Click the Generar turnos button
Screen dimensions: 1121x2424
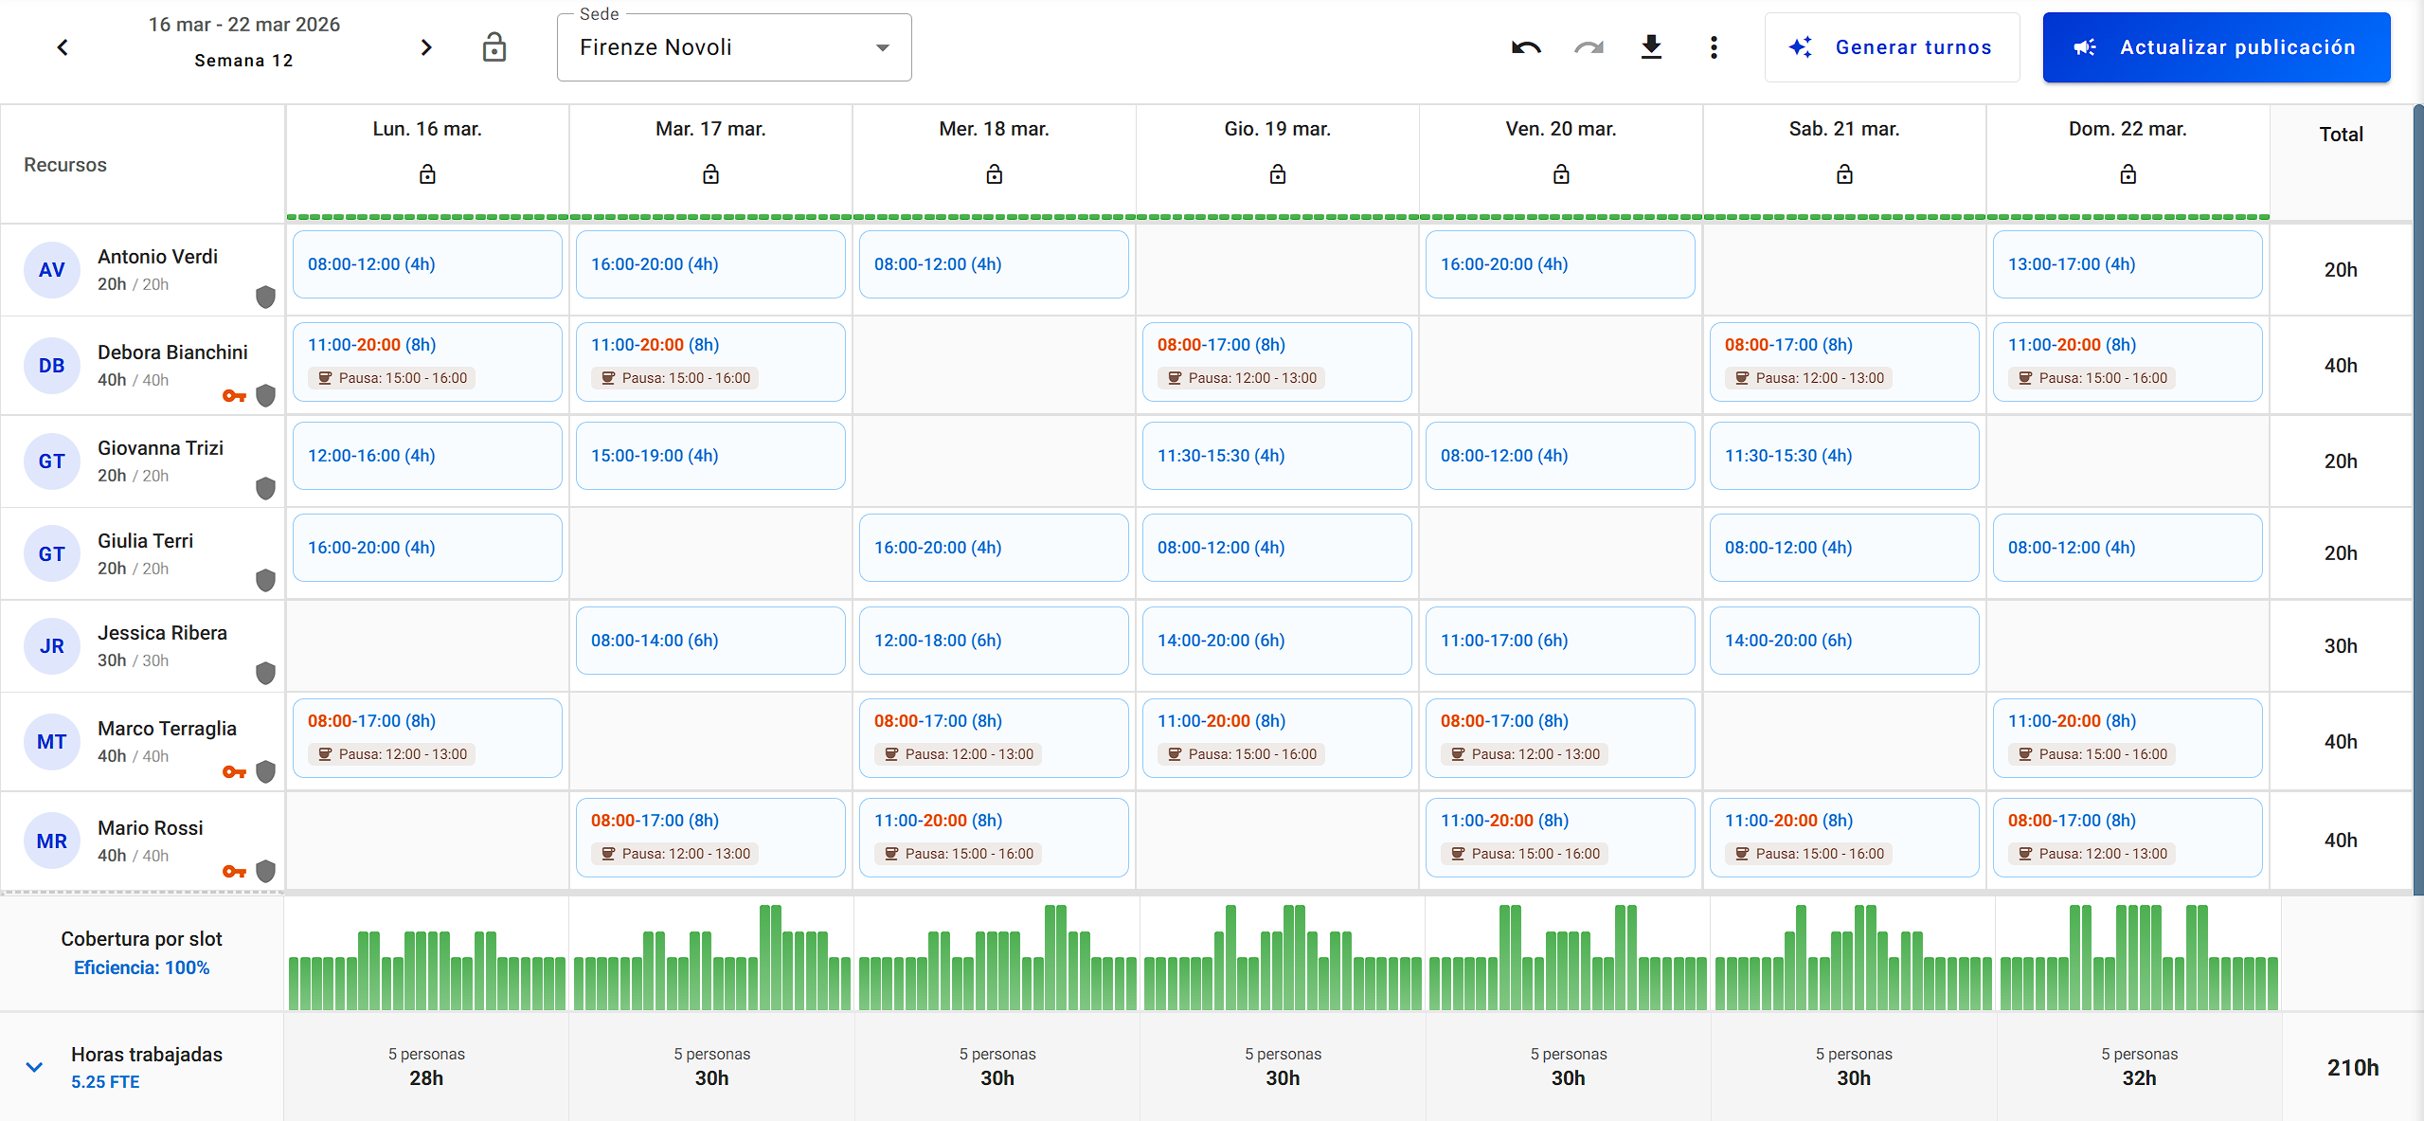coord(1892,47)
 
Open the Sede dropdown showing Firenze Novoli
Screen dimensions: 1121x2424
coord(734,47)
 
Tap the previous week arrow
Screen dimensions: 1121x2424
coord(63,47)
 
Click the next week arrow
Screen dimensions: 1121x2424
coord(426,47)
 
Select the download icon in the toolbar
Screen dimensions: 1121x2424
coord(1651,47)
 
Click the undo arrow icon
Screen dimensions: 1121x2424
coord(1526,47)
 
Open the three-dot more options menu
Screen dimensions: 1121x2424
coord(1714,47)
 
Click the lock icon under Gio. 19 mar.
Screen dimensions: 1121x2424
coord(1278,174)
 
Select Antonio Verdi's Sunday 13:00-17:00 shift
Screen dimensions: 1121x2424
coord(2127,264)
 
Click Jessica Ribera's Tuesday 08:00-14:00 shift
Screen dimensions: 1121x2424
coord(710,641)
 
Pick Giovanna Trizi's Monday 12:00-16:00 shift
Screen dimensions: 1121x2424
coord(427,456)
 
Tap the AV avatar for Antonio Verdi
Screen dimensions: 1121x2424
coord(52,270)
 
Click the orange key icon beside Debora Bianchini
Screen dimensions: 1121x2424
coord(234,395)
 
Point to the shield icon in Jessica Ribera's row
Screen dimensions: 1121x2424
coord(266,673)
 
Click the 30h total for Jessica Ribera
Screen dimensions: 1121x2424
coord(2341,646)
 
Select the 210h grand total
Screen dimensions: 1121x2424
coord(2353,1068)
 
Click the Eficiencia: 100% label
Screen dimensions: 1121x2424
coord(142,967)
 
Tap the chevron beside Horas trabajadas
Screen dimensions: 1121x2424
coord(34,1067)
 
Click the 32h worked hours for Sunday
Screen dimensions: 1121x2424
coord(2139,1078)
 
